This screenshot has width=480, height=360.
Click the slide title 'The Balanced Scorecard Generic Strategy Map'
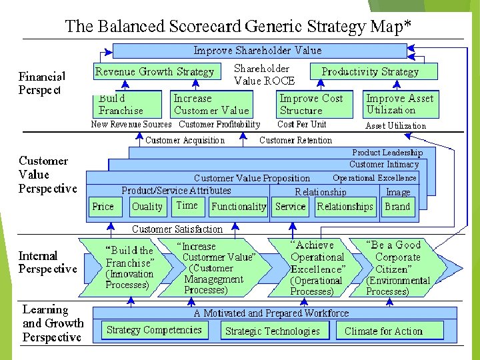[x=237, y=27]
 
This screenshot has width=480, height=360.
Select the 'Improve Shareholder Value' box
[x=259, y=51]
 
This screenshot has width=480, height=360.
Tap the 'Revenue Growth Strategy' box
[x=155, y=71]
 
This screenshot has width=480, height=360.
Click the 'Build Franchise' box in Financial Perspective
[x=128, y=104]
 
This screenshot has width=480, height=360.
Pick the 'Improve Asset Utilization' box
[x=399, y=104]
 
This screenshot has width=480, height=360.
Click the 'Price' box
[x=103, y=207]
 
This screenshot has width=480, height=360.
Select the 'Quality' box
[x=147, y=207]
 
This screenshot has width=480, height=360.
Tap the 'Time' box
[x=187, y=206]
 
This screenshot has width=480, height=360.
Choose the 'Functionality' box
[x=238, y=207]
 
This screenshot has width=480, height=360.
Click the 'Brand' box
[x=397, y=207]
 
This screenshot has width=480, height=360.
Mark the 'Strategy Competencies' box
[x=154, y=330]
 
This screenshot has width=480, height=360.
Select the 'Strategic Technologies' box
[x=273, y=331]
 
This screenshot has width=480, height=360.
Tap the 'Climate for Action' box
[x=383, y=331]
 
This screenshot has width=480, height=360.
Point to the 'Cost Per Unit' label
[x=302, y=125]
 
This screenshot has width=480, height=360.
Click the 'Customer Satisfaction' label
[x=177, y=229]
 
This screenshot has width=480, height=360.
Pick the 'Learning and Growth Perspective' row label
[x=52, y=323]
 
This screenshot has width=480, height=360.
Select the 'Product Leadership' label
[x=387, y=153]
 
